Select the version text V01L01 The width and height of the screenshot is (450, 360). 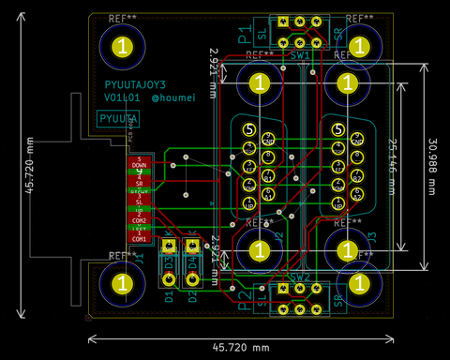pyautogui.click(x=123, y=97)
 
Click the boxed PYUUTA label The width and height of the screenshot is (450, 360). pyautogui.click(x=119, y=119)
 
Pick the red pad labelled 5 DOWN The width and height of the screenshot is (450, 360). pyautogui.click(x=140, y=161)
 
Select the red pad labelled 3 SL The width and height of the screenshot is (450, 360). pyautogui.click(x=140, y=199)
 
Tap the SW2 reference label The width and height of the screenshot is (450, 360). pyautogui.click(x=300, y=277)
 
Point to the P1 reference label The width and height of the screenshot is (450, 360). pyautogui.click(x=243, y=37)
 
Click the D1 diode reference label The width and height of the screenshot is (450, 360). pyautogui.click(x=169, y=299)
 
